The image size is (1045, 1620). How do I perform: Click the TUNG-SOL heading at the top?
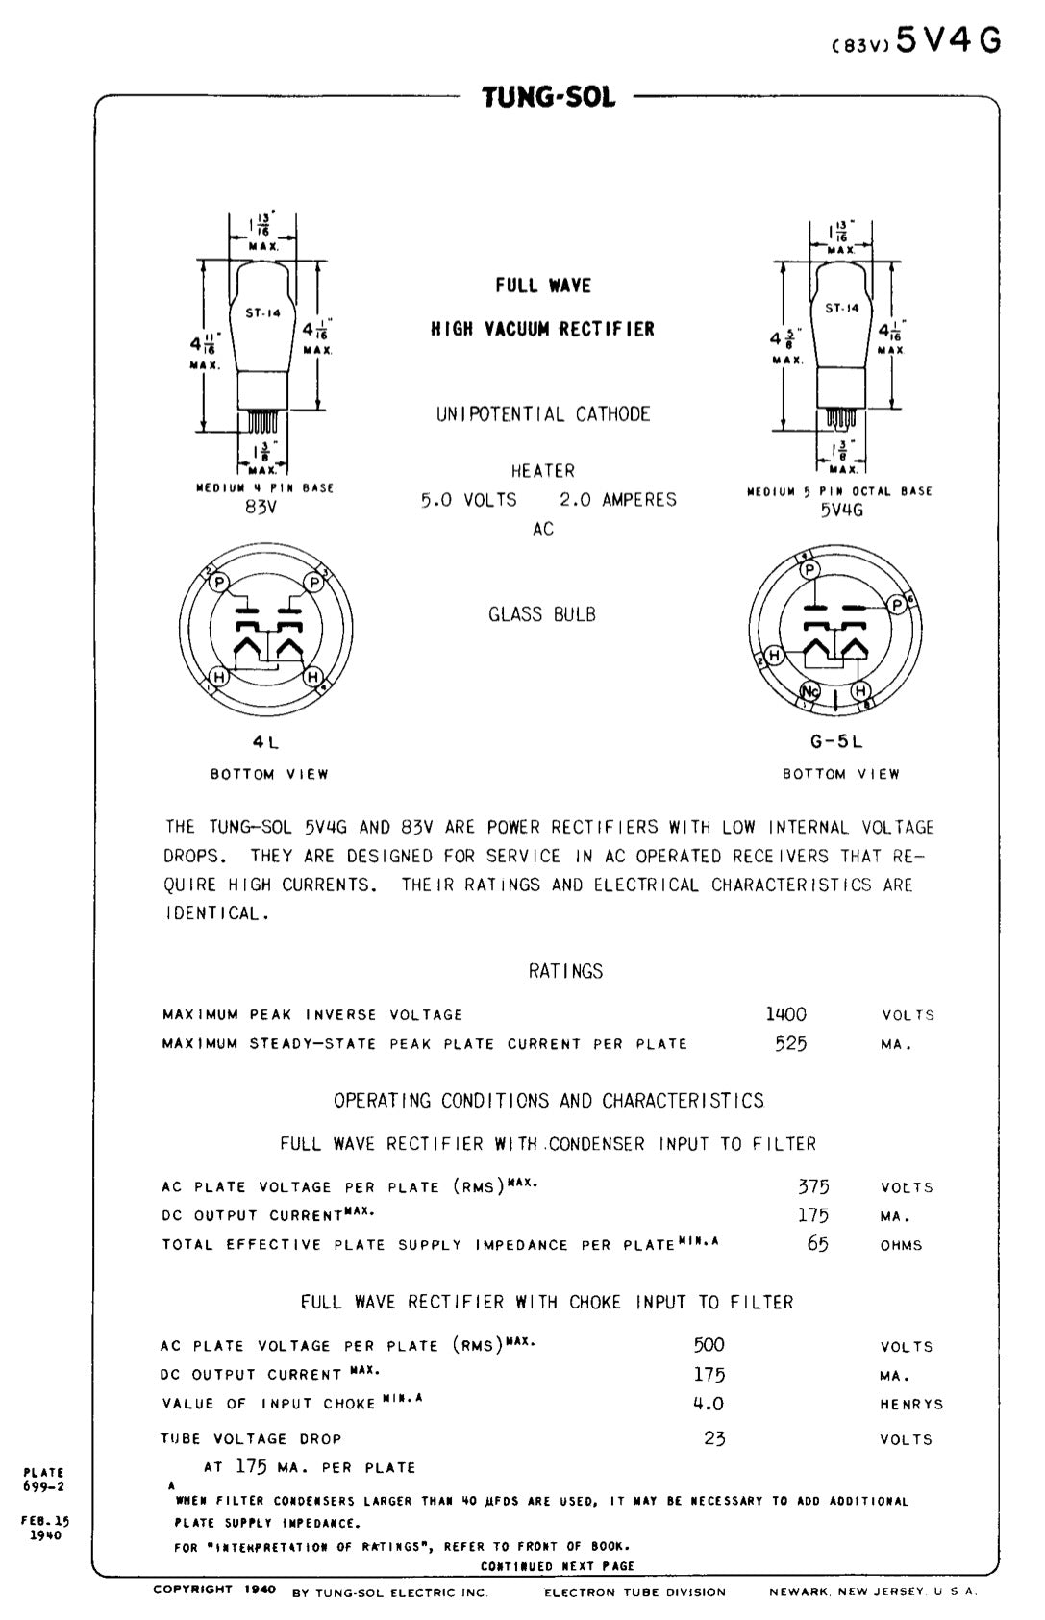click(x=548, y=97)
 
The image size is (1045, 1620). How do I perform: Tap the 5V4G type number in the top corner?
click(x=948, y=40)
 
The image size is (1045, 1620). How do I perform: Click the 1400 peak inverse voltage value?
click(x=785, y=1014)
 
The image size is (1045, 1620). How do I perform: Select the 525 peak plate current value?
click(x=790, y=1043)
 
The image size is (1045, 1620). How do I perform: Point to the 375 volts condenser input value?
click(x=813, y=1186)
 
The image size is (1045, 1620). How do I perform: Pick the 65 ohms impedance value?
click(x=817, y=1244)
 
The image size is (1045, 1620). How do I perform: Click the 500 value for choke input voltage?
click(x=709, y=1345)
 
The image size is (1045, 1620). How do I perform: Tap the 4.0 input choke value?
click(x=709, y=1404)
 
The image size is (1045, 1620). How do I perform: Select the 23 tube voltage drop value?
click(x=714, y=1438)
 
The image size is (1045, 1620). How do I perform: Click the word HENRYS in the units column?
click(x=910, y=1405)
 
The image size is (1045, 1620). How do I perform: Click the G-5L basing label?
click(x=836, y=742)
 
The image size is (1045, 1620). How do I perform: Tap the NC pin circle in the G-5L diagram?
click(x=810, y=691)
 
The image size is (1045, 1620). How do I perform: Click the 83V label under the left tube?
click(x=261, y=507)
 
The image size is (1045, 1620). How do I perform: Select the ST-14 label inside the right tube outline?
click(x=842, y=308)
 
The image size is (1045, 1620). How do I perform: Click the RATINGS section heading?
click(x=565, y=971)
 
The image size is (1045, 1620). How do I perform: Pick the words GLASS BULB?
click(x=541, y=614)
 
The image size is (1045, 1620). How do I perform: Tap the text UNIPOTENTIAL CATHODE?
click(x=543, y=414)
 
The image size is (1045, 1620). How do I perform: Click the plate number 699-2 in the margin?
click(x=43, y=1486)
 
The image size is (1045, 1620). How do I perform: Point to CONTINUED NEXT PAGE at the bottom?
click(x=558, y=1565)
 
